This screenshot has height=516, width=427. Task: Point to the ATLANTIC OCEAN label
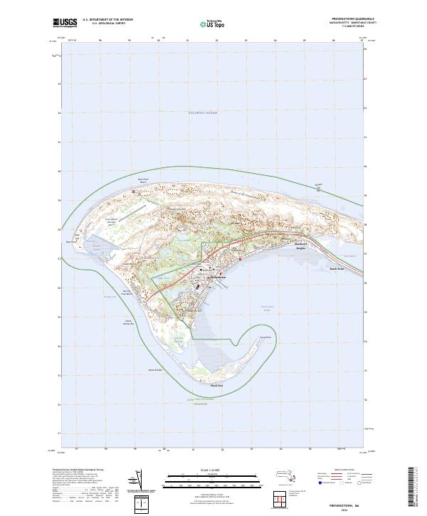point(202,113)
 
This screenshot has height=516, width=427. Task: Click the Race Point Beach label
point(142,181)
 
